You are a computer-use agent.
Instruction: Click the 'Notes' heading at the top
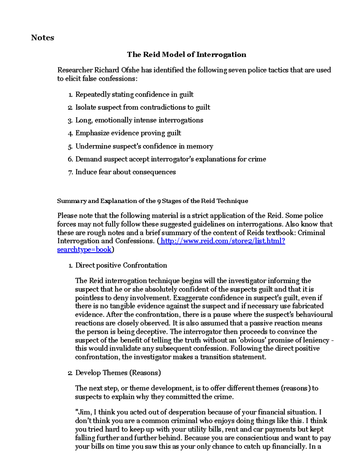tap(42, 38)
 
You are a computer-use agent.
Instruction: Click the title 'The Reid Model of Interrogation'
tap(186, 55)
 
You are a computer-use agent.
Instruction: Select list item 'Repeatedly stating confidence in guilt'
tap(134, 95)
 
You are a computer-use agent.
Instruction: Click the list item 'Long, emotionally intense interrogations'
tap(139, 120)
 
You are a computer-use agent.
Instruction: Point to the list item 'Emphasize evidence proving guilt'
tap(128, 133)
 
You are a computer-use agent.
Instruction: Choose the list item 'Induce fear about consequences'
tap(125, 172)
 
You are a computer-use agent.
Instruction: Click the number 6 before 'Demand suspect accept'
tap(70, 159)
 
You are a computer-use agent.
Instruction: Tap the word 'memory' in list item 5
tap(200, 146)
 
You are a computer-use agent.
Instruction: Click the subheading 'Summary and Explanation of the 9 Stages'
tap(152, 201)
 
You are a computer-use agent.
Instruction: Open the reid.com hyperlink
tap(223, 241)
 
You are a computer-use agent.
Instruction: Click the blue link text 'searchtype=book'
tap(84, 250)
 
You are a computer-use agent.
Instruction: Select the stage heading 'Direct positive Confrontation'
tap(121, 265)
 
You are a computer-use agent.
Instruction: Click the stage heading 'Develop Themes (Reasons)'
tap(118, 373)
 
